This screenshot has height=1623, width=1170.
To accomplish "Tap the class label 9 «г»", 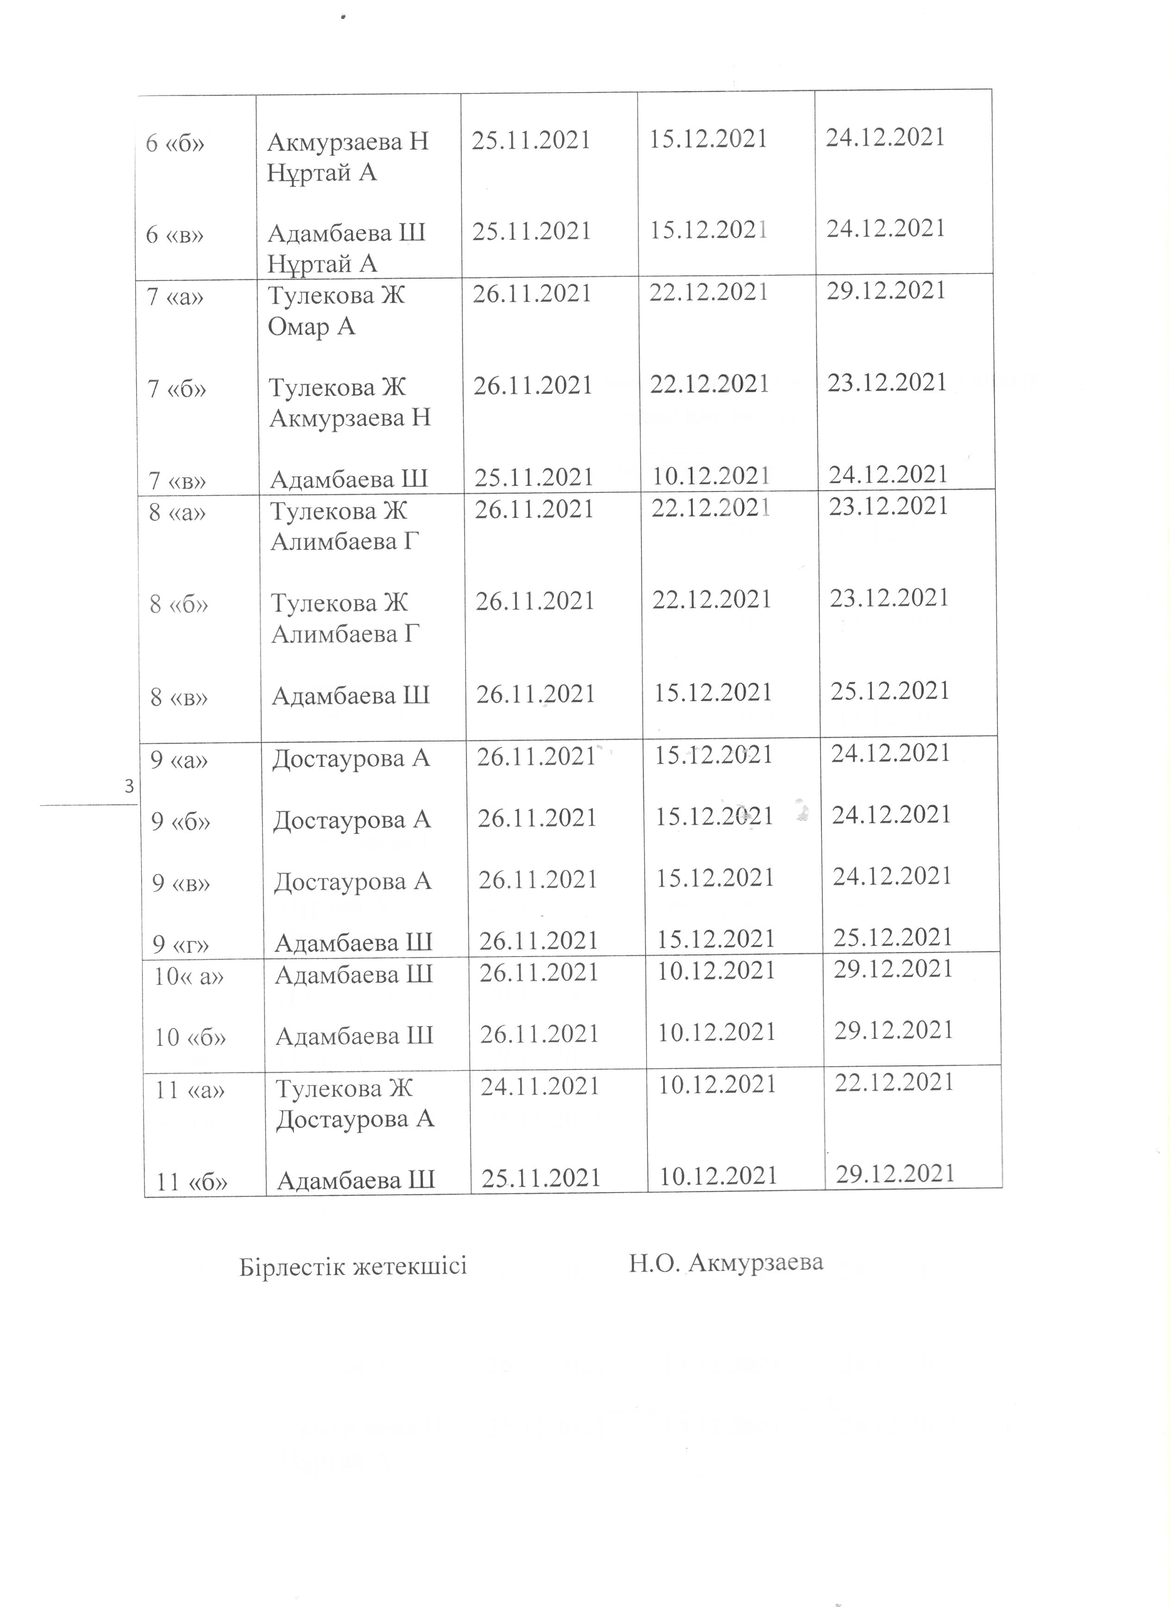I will tap(181, 945).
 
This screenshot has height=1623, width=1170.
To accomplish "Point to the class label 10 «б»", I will tap(190, 1037).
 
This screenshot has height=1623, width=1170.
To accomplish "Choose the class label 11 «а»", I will tap(190, 1091).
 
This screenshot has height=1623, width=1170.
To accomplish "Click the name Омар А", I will tap(311, 327).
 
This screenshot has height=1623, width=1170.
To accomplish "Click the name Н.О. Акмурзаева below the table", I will tap(726, 1263).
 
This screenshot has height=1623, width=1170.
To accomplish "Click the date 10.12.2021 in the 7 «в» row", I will tap(710, 476).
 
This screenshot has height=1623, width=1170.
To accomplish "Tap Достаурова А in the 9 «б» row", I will tap(352, 820).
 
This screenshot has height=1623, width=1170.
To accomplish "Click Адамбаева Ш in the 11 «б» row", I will tap(355, 1180).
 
